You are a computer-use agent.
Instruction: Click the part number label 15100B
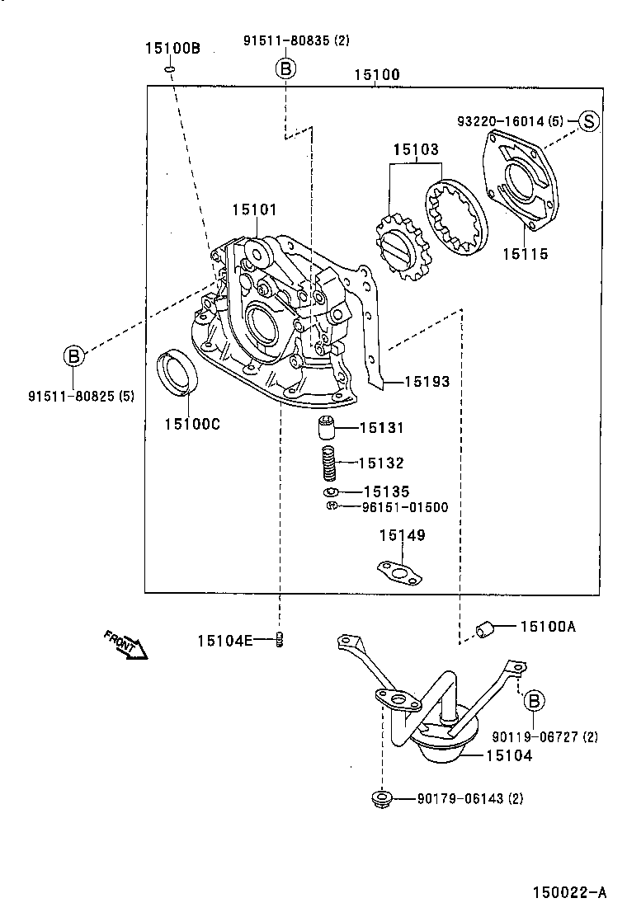172,49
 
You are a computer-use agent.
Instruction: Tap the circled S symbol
587,120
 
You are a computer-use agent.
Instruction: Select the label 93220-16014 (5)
510,121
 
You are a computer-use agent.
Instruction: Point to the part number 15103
415,150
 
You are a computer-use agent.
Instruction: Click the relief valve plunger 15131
328,429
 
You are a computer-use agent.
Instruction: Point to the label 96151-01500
405,507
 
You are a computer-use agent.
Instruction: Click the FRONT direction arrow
126,644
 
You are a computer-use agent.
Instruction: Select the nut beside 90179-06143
381,798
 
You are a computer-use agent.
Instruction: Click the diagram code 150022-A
569,891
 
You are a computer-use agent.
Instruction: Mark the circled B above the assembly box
285,68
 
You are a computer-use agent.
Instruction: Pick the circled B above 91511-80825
73,356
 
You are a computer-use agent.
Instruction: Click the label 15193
427,382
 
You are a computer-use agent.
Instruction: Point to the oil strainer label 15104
508,755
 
